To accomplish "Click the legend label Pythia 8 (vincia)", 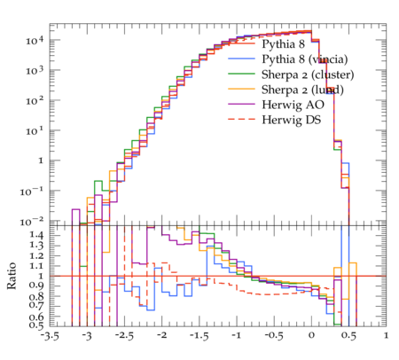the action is [305, 59].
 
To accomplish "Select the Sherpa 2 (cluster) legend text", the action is [308, 74].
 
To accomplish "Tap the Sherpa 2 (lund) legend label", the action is [302, 90].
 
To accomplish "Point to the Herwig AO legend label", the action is [293, 105].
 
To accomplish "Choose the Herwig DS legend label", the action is [292, 120].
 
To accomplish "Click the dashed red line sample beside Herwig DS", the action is [241, 119].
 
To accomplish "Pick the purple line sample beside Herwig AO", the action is [241, 104].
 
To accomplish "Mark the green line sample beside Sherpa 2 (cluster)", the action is [241, 74].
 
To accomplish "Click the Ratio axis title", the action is [12, 276].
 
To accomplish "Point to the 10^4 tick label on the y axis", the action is [35, 40].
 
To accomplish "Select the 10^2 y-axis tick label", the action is [35, 100].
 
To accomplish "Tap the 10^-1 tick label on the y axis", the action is [33, 192].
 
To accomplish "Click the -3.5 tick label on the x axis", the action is [50, 336].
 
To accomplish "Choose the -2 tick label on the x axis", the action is [161, 336].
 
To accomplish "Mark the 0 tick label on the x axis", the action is [311, 336].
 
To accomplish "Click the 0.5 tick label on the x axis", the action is [348, 336].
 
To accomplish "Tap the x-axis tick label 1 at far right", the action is [386, 336].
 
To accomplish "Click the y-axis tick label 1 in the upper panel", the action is [41, 160].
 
